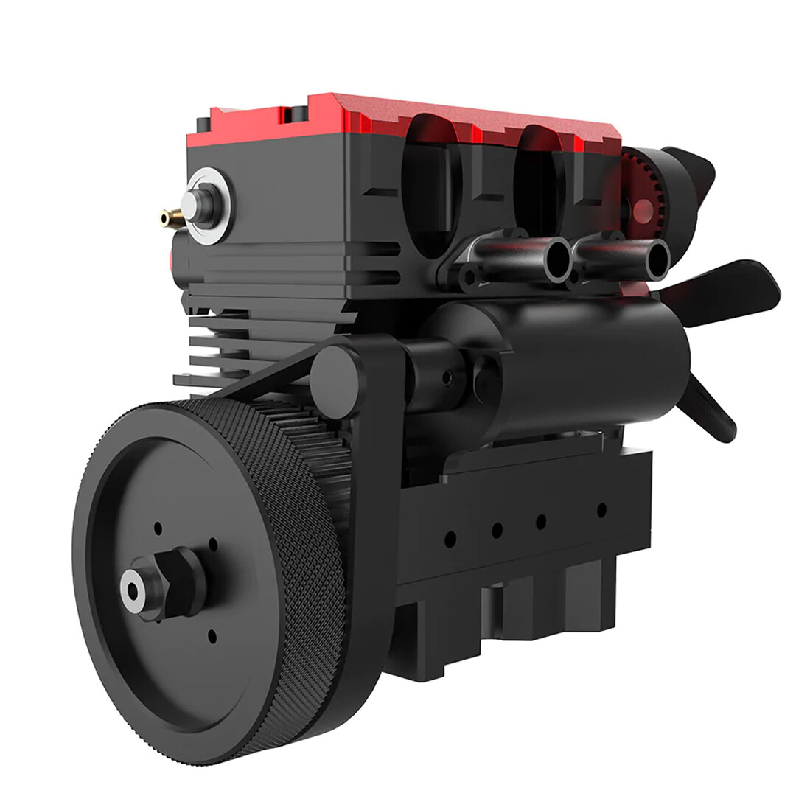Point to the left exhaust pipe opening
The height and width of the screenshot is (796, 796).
tap(557, 259)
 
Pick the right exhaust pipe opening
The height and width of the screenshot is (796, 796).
tap(655, 259)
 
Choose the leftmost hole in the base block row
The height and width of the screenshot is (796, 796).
tap(450, 540)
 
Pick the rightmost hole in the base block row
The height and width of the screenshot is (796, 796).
tap(601, 509)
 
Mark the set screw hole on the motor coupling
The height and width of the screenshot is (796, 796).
tap(447, 377)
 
